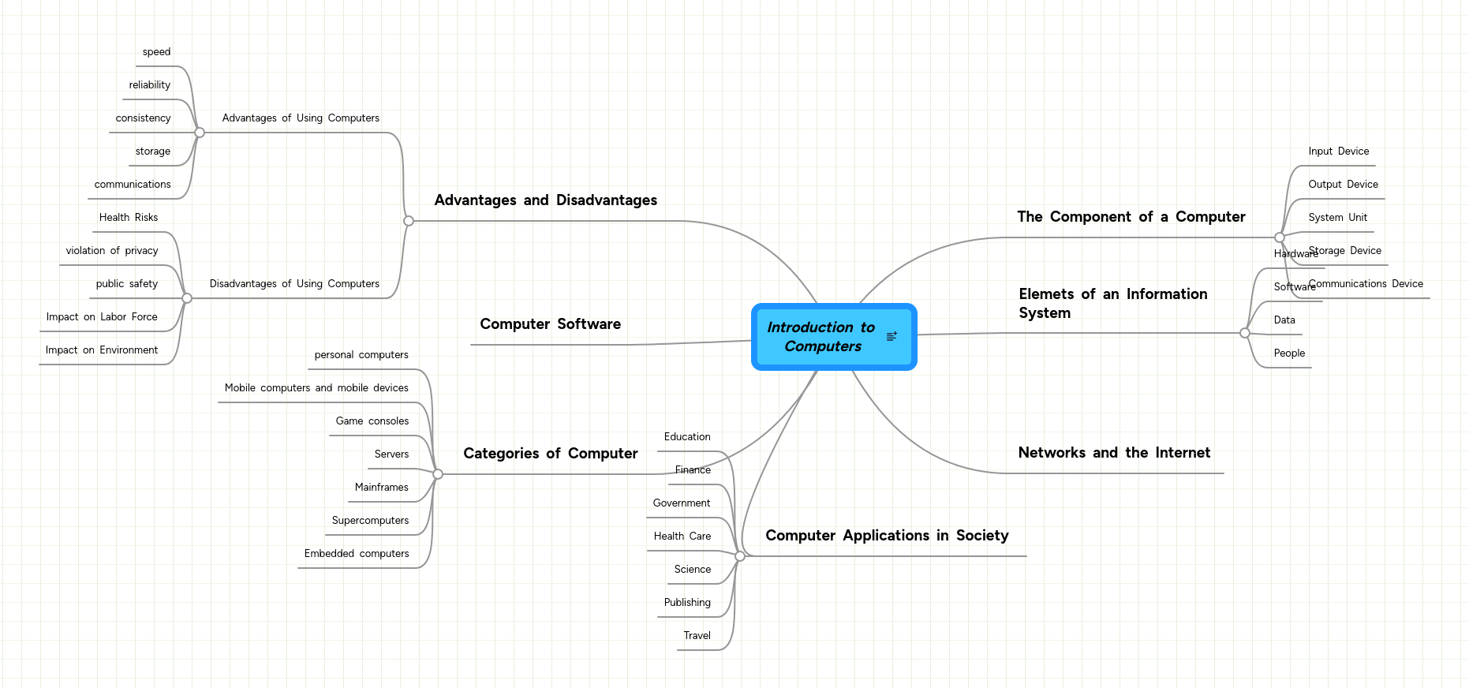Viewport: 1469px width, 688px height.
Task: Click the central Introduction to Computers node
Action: (820, 337)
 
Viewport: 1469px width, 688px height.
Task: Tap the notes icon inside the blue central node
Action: (891, 337)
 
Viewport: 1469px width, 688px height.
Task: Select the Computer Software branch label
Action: (550, 324)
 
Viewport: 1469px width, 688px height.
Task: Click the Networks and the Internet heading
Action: (1114, 453)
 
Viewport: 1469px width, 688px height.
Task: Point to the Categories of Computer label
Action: (550, 454)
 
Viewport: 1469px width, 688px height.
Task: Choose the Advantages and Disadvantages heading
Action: (545, 200)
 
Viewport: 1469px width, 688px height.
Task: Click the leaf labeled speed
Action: (156, 52)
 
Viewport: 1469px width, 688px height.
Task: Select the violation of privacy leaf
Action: (112, 251)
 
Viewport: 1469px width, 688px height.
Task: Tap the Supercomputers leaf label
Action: (370, 521)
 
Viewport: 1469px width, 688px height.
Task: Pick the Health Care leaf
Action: (682, 537)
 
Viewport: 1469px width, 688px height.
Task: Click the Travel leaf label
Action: (697, 636)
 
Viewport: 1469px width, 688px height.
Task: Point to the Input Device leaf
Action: (1338, 151)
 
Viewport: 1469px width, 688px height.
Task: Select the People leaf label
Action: (1289, 353)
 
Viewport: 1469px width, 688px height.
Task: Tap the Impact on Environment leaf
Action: (102, 350)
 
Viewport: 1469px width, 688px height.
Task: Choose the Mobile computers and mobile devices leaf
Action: (316, 388)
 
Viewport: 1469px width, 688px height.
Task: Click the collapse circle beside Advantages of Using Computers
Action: (200, 133)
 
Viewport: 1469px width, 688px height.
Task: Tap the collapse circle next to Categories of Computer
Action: (438, 474)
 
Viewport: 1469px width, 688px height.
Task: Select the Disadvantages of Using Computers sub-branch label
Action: (294, 284)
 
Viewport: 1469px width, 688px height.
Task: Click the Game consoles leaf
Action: (372, 421)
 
